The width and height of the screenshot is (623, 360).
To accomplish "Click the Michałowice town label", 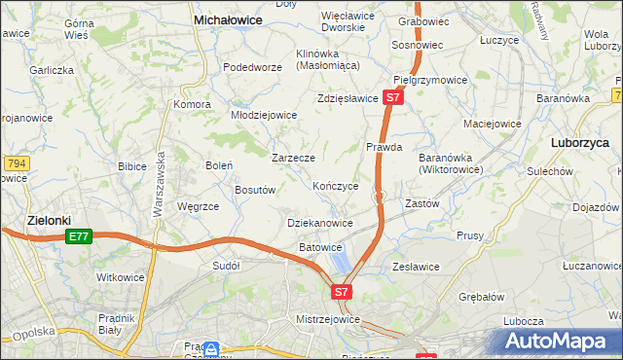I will pyautogui.click(x=233, y=18).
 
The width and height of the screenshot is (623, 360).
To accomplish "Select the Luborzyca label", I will pyautogui.click(x=580, y=142).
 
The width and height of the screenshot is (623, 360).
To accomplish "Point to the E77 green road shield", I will pyautogui.click(x=79, y=236).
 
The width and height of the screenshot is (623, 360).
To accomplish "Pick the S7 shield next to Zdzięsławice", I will pyautogui.click(x=391, y=98).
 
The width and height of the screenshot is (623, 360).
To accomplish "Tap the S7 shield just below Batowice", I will pyautogui.click(x=340, y=291).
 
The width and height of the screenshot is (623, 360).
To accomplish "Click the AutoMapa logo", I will pyautogui.click(x=561, y=341).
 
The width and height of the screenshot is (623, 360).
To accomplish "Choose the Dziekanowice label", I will pyautogui.click(x=320, y=223).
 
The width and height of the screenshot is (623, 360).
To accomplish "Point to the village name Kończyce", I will pyautogui.click(x=336, y=186).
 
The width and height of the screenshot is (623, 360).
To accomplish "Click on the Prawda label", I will pyautogui.click(x=385, y=148).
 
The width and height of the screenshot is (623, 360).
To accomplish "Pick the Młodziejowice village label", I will pyautogui.click(x=263, y=115).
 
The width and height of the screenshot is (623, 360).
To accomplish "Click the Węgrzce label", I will pyautogui.click(x=198, y=206).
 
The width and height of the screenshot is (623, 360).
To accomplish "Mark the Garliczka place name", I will pyautogui.click(x=52, y=70).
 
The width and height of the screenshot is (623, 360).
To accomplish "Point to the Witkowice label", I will pyautogui.click(x=121, y=277).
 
